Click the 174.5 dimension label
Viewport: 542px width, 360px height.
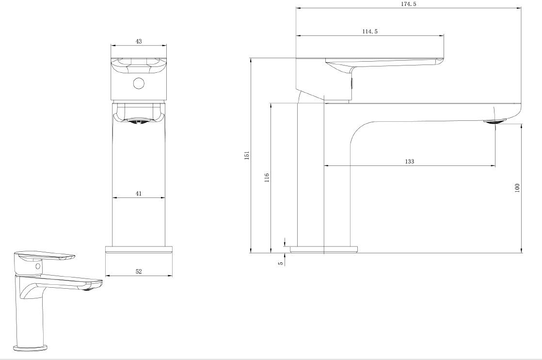click(408, 4)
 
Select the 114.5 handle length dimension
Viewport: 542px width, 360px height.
click(370, 32)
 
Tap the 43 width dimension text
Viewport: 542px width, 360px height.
click(139, 42)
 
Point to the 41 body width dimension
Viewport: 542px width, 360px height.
click(139, 194)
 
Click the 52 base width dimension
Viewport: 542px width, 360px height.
click(139, 272)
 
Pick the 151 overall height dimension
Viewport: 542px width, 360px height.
click(246, 155)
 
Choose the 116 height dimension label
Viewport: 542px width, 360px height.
click(267, 178)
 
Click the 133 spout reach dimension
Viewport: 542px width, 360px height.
click(409, 162)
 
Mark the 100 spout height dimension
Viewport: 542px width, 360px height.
click(517, 188)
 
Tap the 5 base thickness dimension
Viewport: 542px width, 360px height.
click(281, 263)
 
